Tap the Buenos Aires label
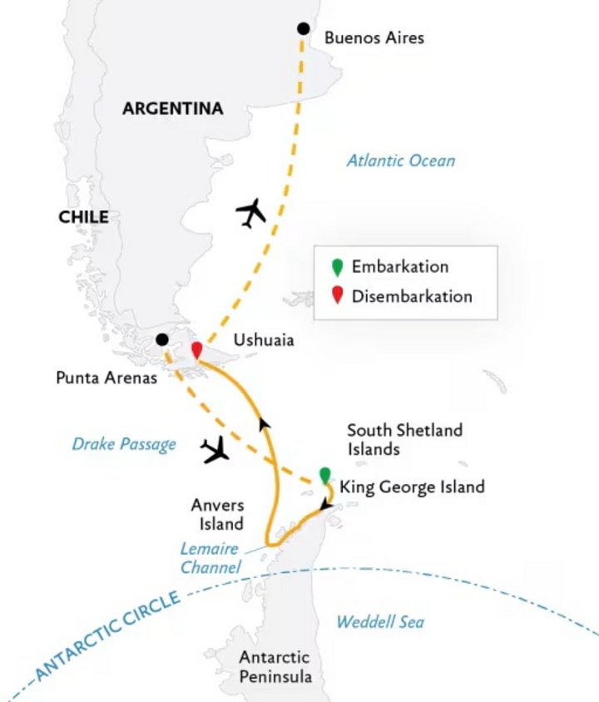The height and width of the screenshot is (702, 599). point(374,37)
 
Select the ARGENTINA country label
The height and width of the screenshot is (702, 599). point(173,109)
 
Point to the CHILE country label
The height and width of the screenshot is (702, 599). point(83,217)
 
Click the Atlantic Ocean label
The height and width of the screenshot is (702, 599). point(401,161)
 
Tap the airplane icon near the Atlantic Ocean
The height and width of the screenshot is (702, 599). point(250,213)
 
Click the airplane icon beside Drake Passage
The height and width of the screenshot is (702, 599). point(216,450)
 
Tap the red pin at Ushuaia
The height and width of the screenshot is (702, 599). point(197,351)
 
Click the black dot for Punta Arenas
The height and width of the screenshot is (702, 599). point(161,339)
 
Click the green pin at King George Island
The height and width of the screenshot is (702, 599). point(324,476)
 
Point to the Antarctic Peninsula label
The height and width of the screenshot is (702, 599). point(275,667)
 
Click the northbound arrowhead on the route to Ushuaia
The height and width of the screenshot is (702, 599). point(265,424)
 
